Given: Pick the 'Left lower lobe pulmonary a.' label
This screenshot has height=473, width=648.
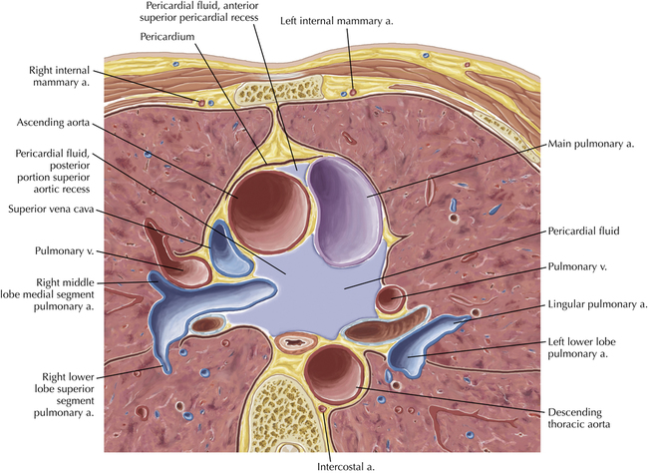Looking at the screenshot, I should point(588,351).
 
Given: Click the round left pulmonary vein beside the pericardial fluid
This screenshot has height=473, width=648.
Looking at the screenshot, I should point(390,298).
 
